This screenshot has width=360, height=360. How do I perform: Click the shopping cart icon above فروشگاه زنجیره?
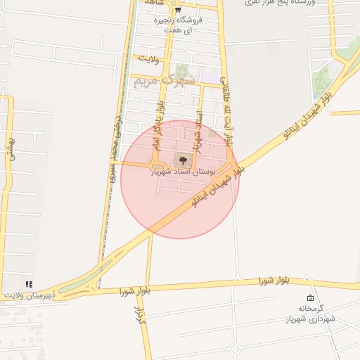[x=178, y=10]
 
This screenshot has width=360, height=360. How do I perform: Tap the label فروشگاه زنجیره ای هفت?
[x=178, y=25]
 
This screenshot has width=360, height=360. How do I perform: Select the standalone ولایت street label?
[x=150, y=58]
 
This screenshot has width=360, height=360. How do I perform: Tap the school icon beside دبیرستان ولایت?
[x=29, y=284]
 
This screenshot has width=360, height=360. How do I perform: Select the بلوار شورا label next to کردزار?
[x=136, y=290]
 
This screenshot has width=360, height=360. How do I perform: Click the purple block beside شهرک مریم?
[x=209, y=76]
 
